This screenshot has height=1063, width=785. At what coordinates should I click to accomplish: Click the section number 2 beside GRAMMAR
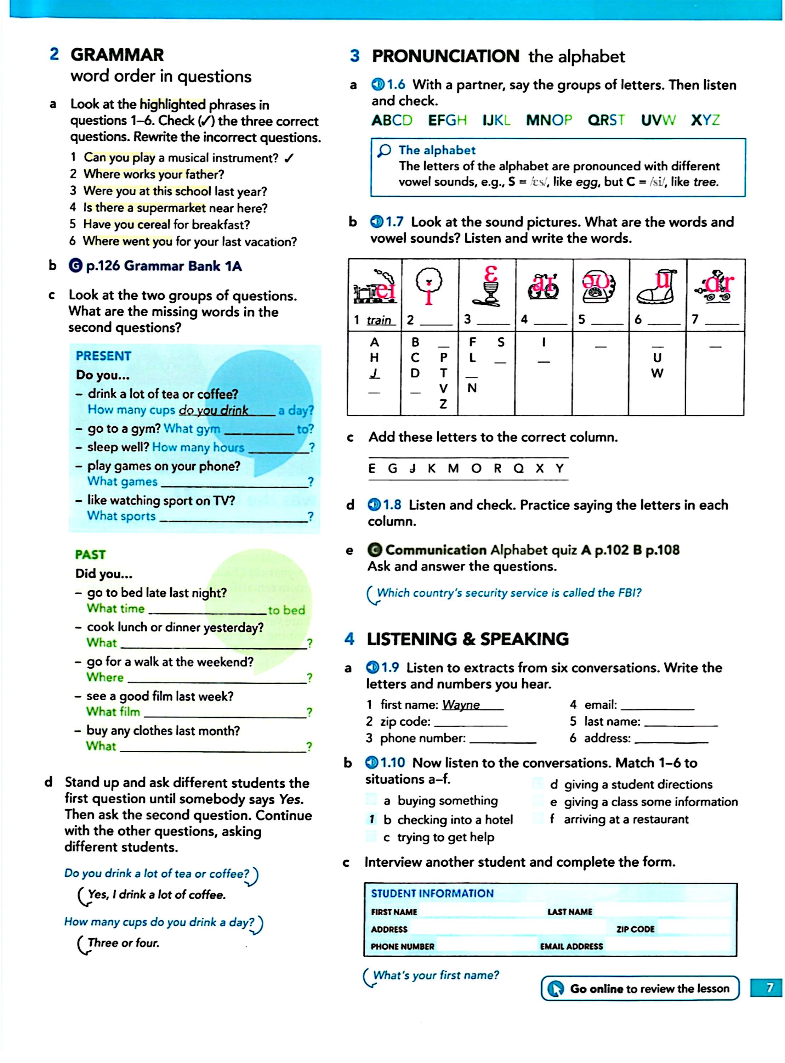tap(54, 54)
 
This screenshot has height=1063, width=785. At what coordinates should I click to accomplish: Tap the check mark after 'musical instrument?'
tap(289, 158)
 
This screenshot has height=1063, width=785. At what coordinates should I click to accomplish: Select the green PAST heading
tap(90, 555)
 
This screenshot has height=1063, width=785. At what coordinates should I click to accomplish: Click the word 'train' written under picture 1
tap(379, 320)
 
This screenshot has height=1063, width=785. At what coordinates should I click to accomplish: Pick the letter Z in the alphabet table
tap(443, 404)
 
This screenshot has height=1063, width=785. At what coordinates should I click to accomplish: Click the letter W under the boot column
tap(657, 373)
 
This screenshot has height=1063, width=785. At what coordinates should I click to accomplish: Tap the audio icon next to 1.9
tap(372, 668)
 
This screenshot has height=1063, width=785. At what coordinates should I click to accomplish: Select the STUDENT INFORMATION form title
tap(432, 893)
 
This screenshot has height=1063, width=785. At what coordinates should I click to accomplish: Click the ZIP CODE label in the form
tap(635, 929)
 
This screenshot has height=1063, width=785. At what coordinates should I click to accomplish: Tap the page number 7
tap(769, 988)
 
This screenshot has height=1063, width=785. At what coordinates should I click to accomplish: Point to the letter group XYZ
tap(705, 120)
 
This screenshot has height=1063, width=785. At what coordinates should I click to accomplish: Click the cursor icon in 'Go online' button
tap(555, 989)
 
